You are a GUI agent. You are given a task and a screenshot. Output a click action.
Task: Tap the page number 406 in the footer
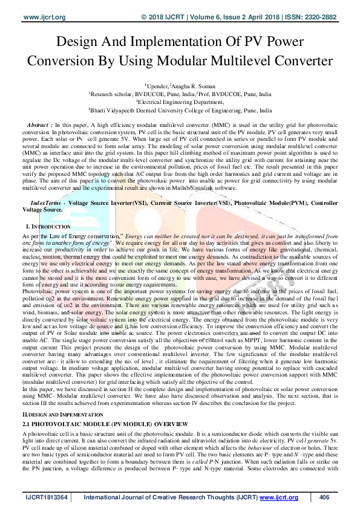pos(324,498)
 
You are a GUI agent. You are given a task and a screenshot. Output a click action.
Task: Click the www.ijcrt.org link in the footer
pos(279,498)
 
